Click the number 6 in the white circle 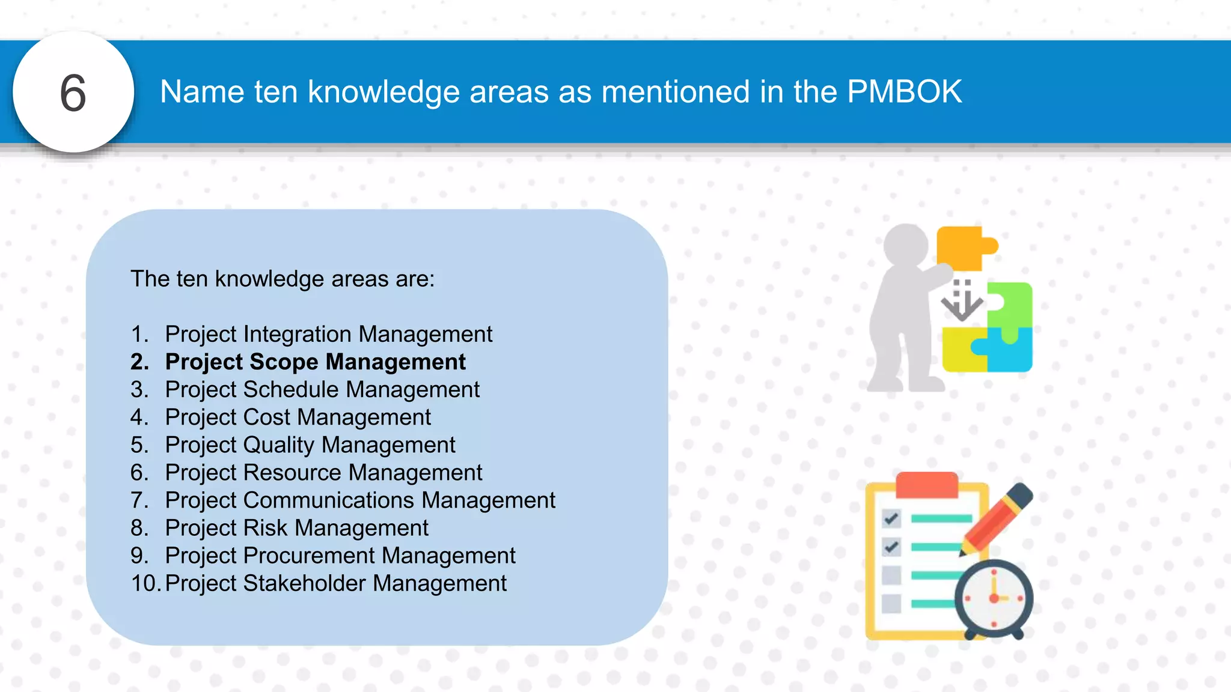[x=73, y=93]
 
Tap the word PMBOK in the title [x=904, y=92]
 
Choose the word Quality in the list [x=279, y=445]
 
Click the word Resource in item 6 [x=292, y=473]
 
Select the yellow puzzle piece [x=961, y=351]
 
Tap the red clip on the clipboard [x=926, y=484]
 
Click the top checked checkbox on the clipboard [x=891, y=518]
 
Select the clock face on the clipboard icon [x=994, y=598]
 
